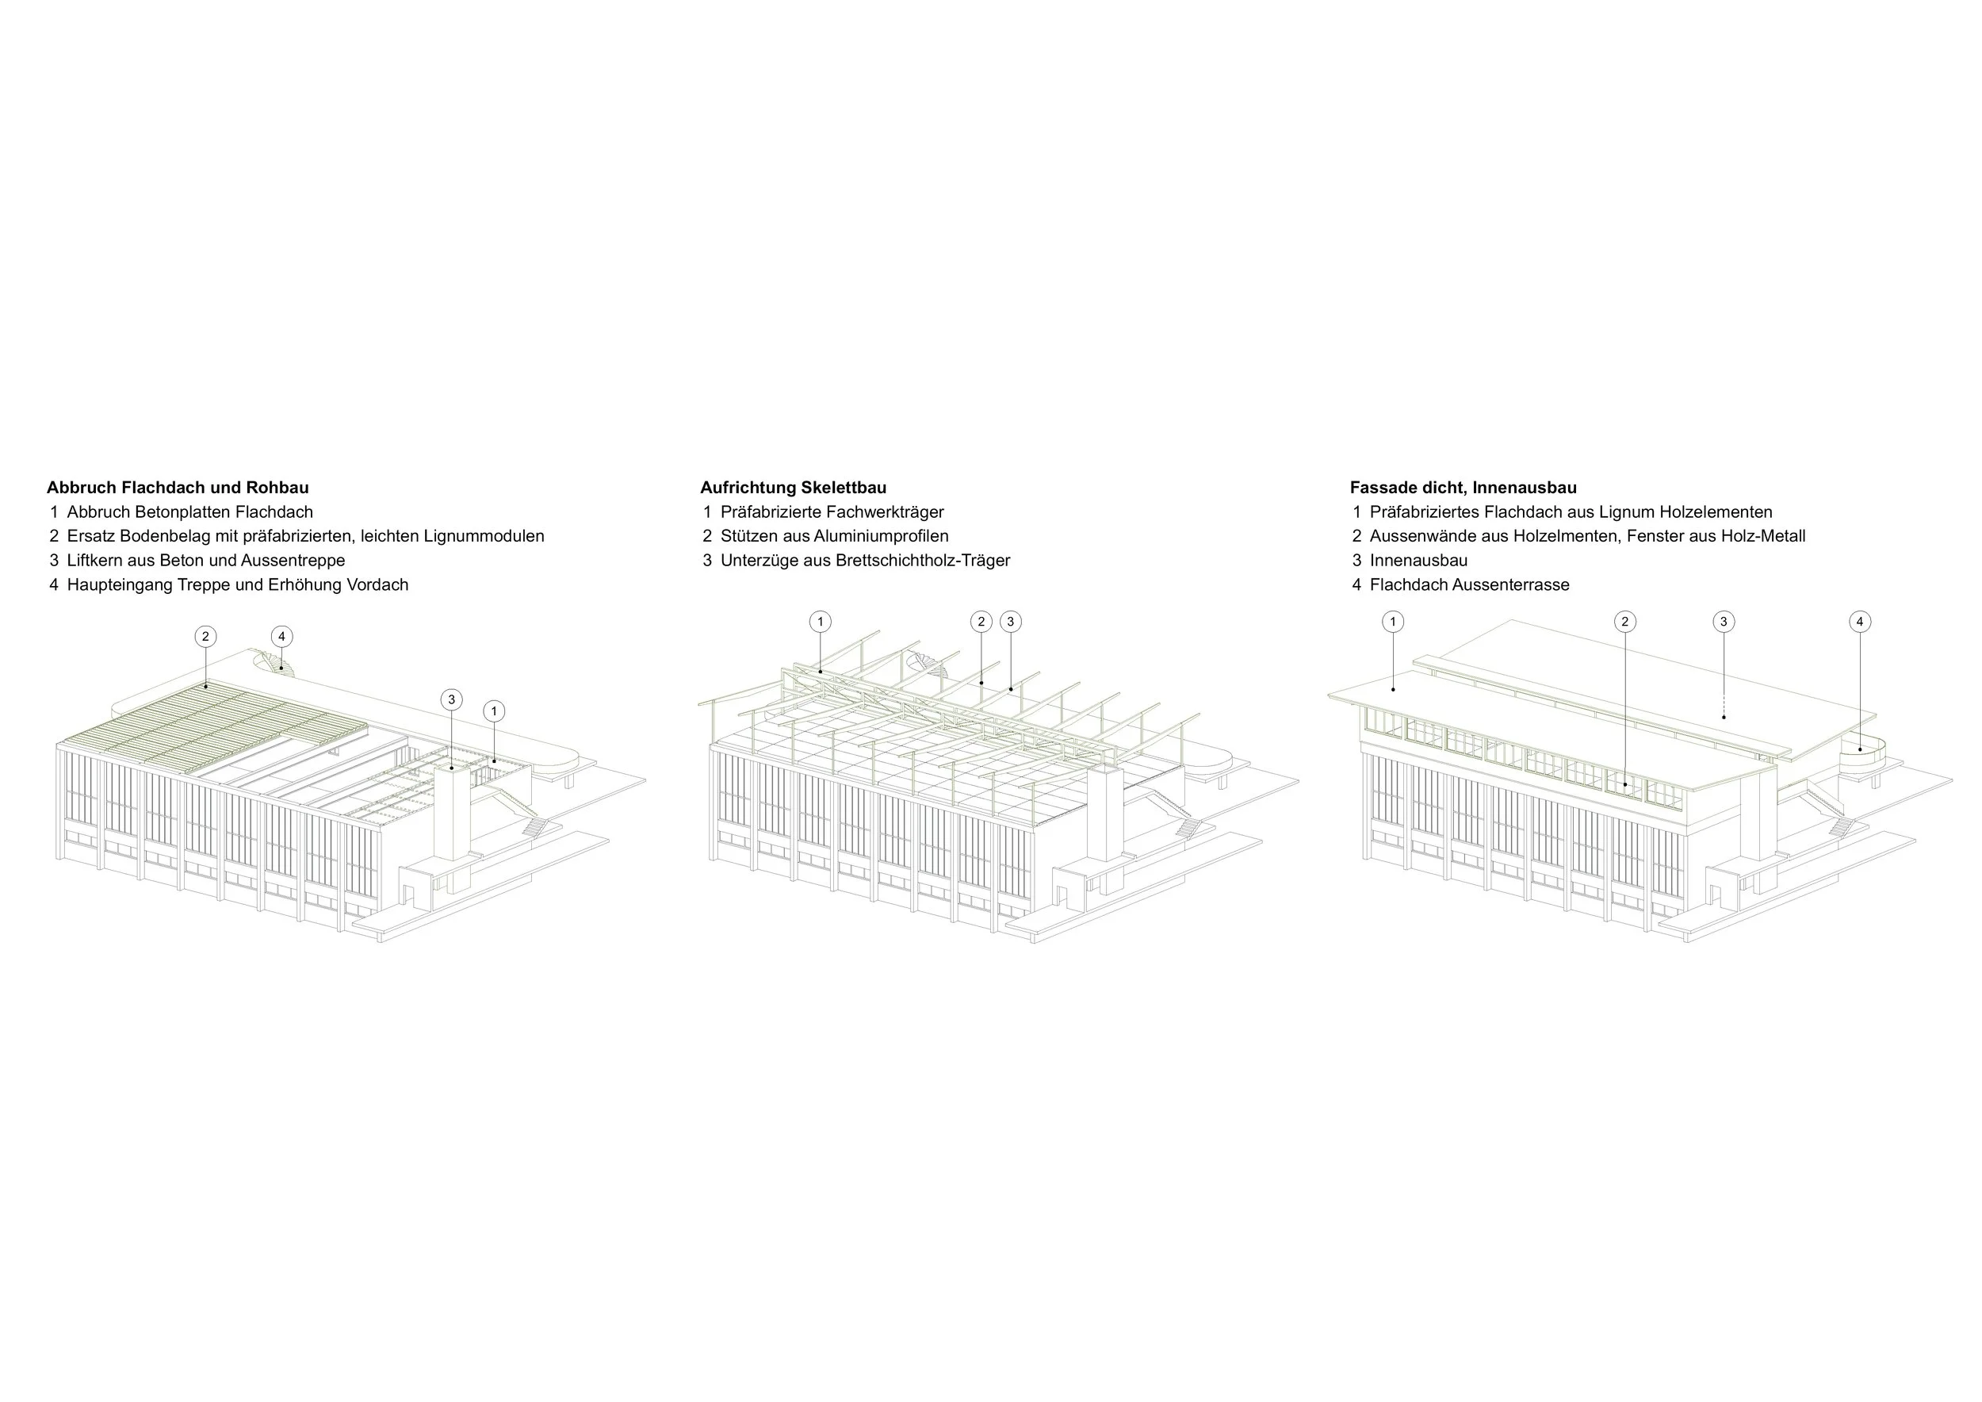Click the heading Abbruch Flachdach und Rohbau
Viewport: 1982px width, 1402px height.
[x=177, y=488]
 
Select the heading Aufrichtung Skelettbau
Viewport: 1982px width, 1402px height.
[x=793, y=488]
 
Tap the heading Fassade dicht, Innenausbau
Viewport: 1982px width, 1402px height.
[x=1464, y=488]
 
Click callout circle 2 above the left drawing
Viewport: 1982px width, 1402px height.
[x=205, y=637]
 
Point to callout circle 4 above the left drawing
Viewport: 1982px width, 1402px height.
[x=281, y=637]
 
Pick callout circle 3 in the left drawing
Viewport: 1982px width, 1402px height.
[x=451, y=700]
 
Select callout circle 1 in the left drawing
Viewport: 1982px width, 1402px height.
[x=494, y=711]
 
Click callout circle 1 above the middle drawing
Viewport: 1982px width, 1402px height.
[x=820, y=622]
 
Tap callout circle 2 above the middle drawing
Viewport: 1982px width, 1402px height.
[x=981, y=622]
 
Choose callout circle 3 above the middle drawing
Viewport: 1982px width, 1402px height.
[x=1010, y=622]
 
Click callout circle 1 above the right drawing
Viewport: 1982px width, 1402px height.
[x=1392, y=622]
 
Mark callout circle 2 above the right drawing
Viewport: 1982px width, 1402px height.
[x=1624, y=622]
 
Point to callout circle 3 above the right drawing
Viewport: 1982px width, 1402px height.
[x=1724, y=622]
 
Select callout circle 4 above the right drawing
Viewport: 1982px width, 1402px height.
[x=1859, y=622]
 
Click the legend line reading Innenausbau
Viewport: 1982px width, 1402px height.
[x=1418, y=561]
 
